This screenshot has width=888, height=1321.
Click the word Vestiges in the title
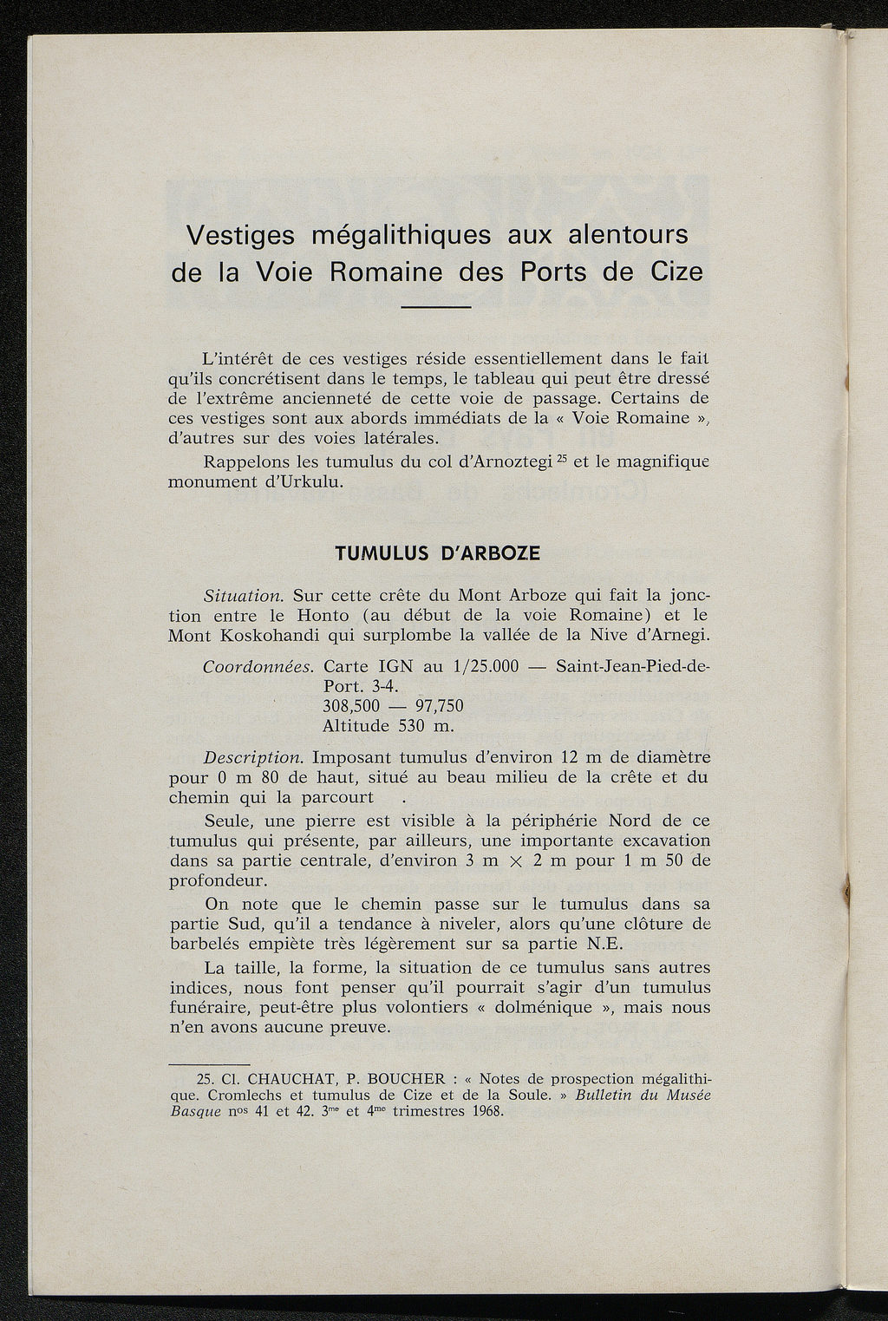240,235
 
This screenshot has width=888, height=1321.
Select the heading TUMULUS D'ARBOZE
437,553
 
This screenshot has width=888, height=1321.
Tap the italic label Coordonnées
258,668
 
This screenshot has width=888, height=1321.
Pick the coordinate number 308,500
351,706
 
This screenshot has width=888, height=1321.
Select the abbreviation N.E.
600,944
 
